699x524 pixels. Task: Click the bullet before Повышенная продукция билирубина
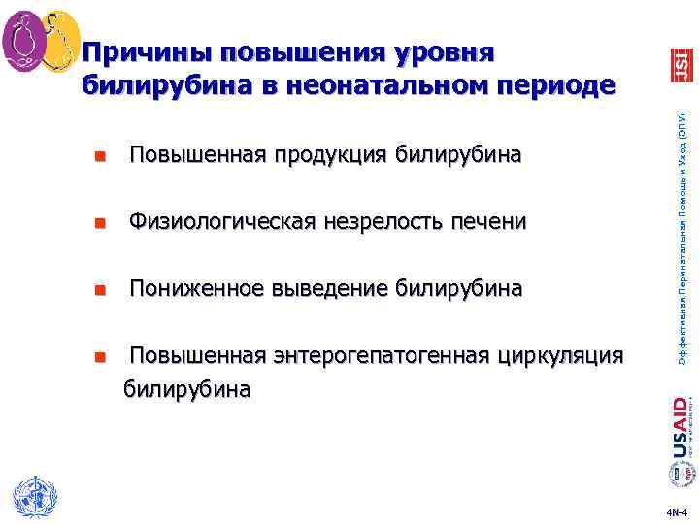click(99, 156)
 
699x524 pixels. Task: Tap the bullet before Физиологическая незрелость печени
click(99, 224)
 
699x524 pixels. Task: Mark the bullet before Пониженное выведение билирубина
click(99, 290)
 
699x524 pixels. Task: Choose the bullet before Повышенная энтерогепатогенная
click(99, 357)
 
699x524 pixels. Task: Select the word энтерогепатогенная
click(376, 356)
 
